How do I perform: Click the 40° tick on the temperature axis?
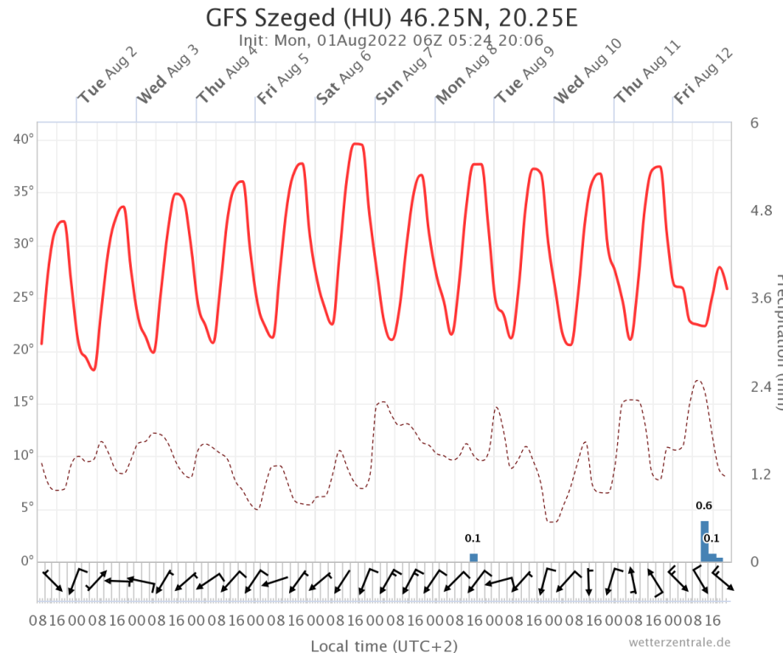(x=24, y=139)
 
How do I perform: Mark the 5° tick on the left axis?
(x=26, y=508)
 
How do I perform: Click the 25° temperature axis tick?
(x=24, y=297)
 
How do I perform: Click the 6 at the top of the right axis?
(x=755, y=123)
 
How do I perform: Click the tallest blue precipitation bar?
(x=704, y=541)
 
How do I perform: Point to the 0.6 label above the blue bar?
(x=704, y=506)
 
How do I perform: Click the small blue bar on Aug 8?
(x=474, y=557)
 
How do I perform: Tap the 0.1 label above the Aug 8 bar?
(x=473, y=538)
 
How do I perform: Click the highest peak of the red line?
(x=357, y=145)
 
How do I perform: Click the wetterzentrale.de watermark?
(x=679, y=642)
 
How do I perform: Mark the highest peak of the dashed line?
(x=697, y=381)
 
